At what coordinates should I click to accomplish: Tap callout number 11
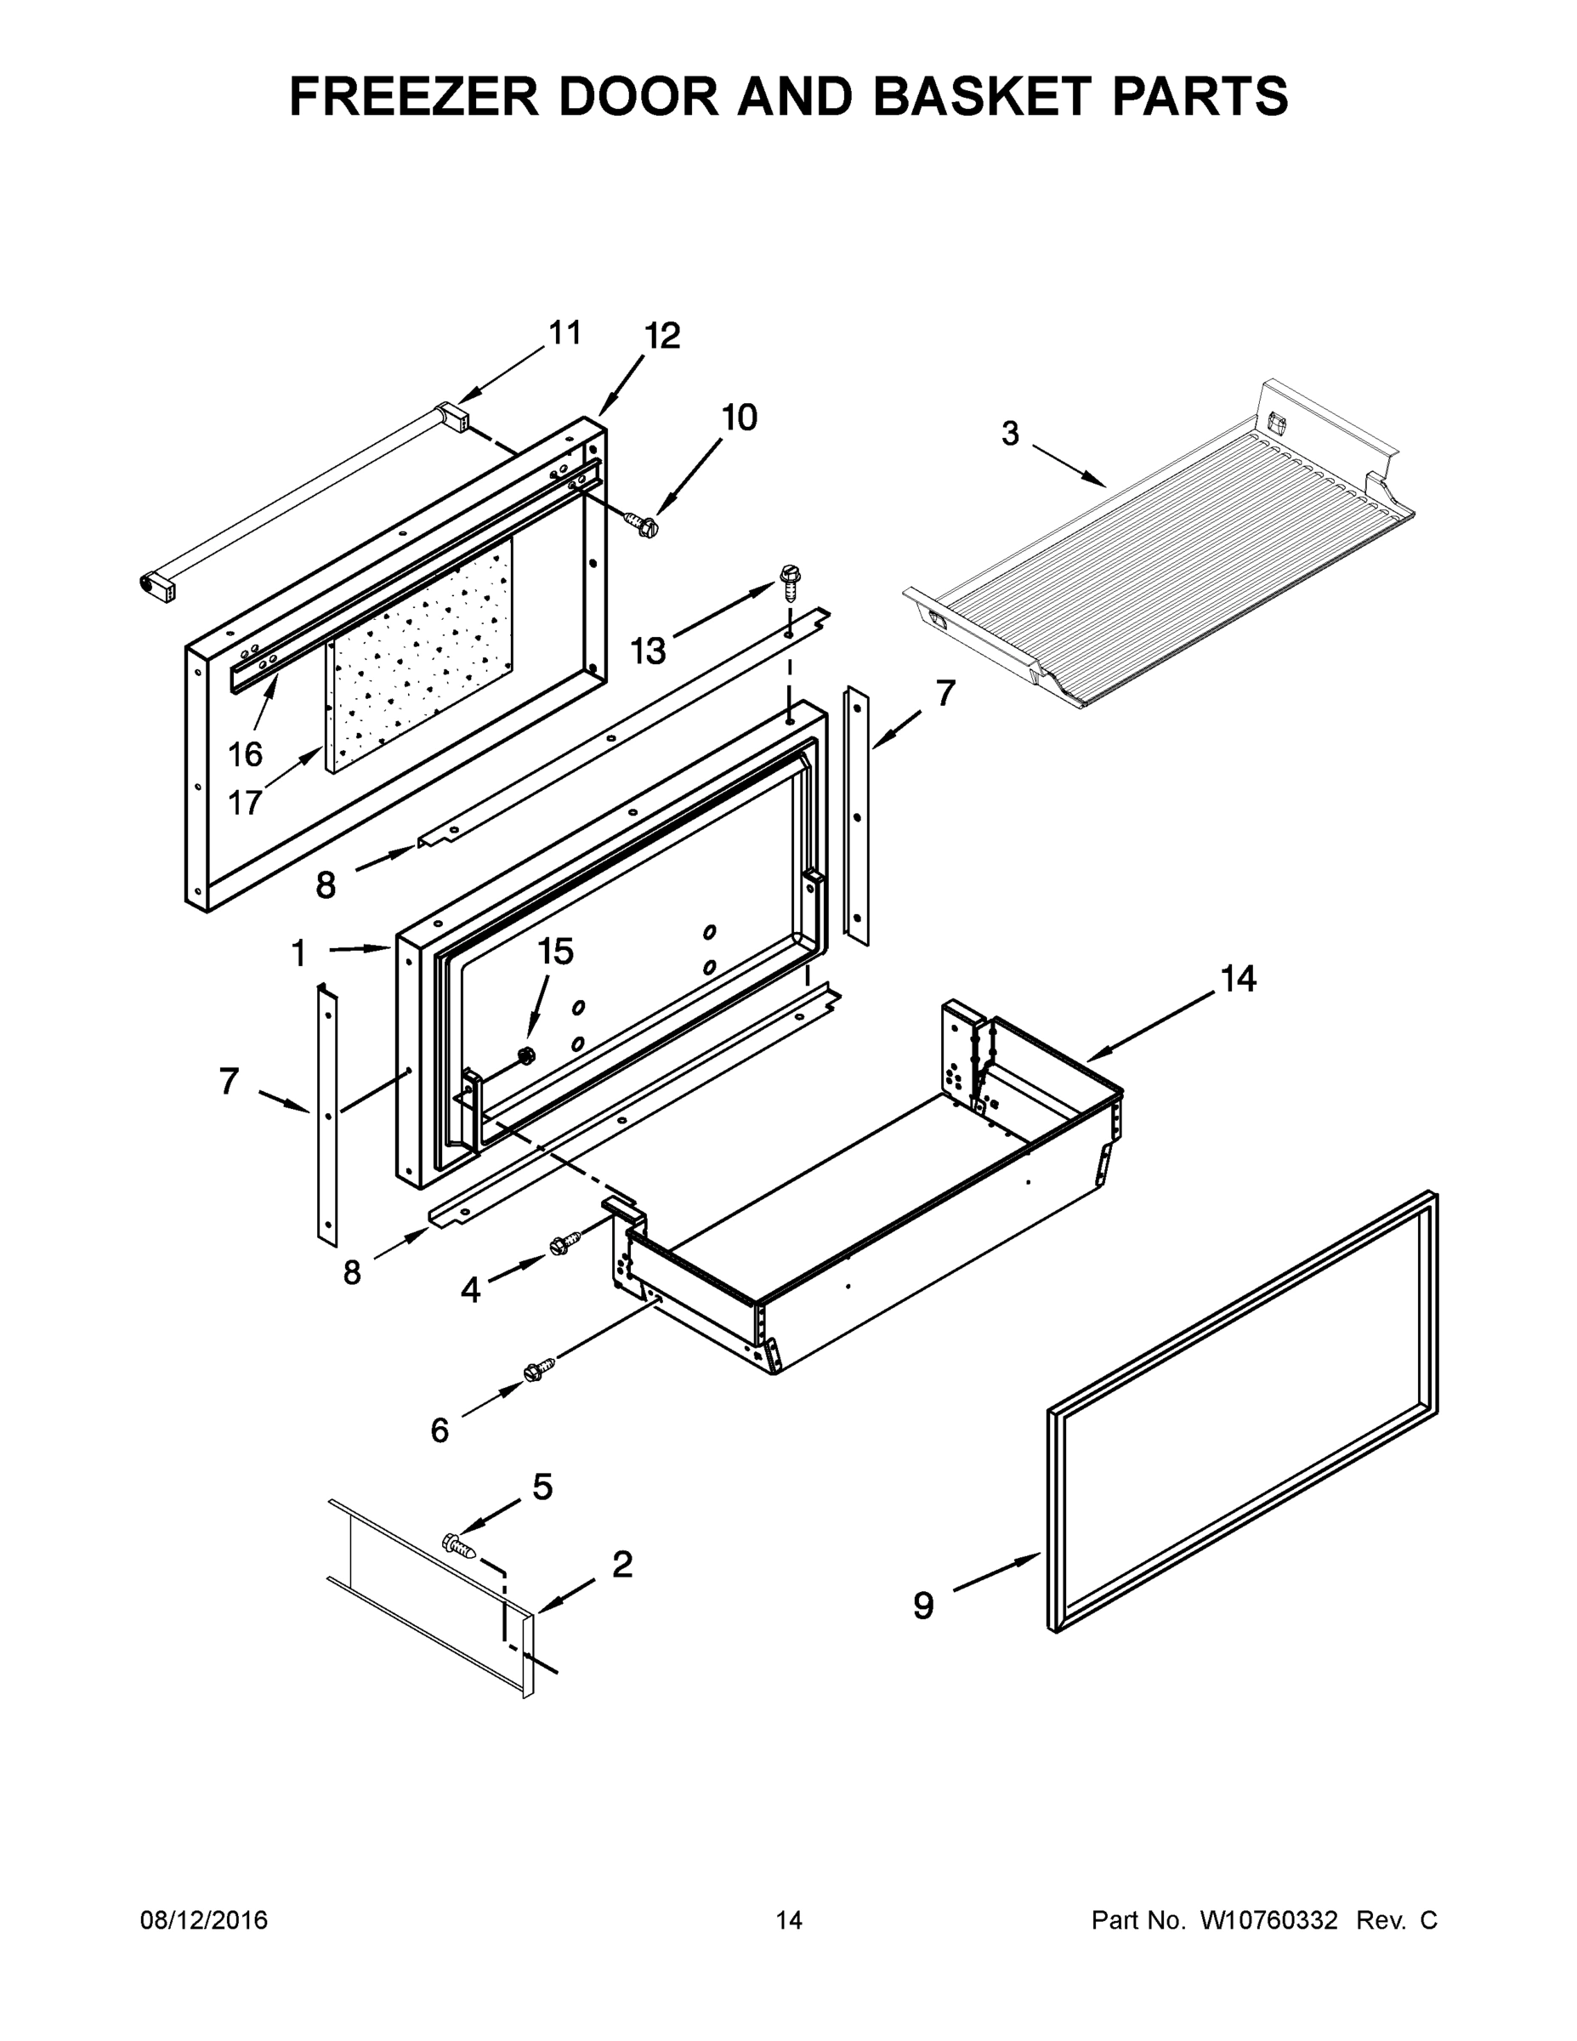(564, 333)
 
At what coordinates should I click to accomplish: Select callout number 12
(662, 337)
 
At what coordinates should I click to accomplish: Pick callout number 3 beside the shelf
(1010, 434)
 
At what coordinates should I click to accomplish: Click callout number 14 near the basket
(1238, 980)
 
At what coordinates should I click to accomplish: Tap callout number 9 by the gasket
(923, 1606)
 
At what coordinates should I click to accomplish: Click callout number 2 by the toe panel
(622, 1565)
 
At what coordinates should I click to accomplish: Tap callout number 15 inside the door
(555, 952)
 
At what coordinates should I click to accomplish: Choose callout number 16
(246, 754)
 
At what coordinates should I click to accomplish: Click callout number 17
(245, 802)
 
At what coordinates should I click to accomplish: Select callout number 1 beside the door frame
(298, 954)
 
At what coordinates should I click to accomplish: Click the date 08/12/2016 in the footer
(204, 1920)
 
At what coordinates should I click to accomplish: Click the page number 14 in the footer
(789, 1920)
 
